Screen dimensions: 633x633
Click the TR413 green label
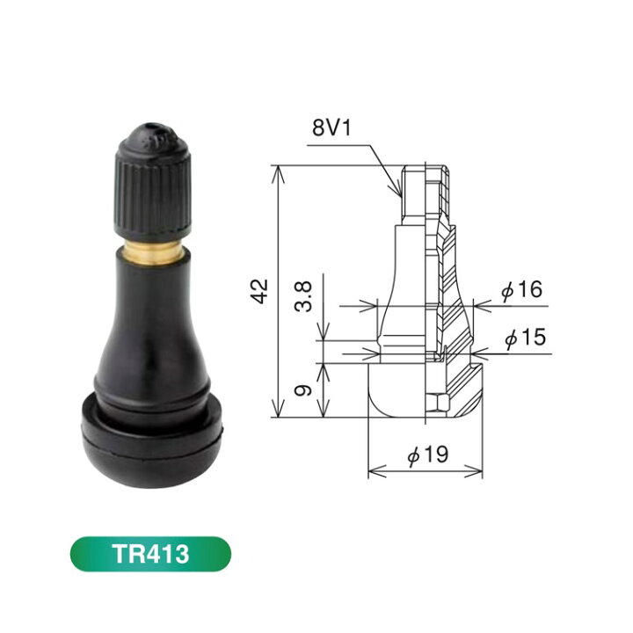(x=150, y=554)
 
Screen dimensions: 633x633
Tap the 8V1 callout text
(x=331, y=127)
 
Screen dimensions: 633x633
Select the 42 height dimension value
(x=259, y=291)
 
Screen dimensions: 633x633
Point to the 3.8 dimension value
(x=302, y=297)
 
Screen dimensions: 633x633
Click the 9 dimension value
(x=302, y=390)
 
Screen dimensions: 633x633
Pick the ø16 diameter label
(x=521, y=289)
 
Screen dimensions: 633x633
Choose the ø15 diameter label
(x=525, y=337)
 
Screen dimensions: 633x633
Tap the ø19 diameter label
(x=428, y=455)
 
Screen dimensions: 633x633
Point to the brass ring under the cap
(x=153, y=251)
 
